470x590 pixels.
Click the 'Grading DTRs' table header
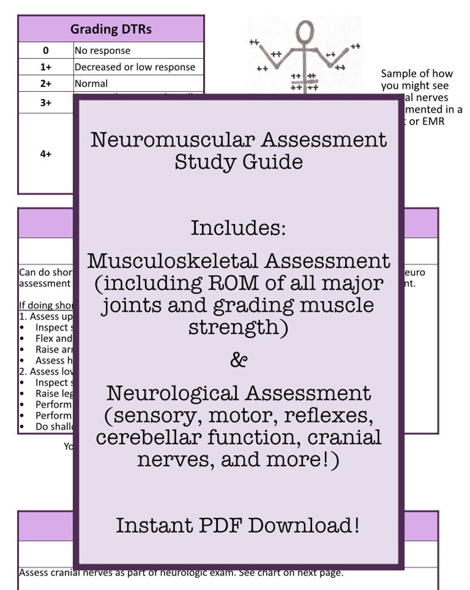(x=111, y=28)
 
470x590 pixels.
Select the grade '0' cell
(x=46, y=50)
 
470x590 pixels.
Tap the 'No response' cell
(x=102, y=50)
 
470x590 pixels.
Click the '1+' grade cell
(x=46, y=67)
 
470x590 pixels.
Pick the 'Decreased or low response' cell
(x=134, y=67)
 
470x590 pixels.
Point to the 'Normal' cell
(x=91, y=83)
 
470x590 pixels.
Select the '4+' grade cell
(x=46, y=153)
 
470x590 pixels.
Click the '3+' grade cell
(x=46, y=102)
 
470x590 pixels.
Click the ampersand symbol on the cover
(x=238, y=359)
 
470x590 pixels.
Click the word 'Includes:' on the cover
(x=238, y=227)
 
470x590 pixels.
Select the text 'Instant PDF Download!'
(x=237, y=525)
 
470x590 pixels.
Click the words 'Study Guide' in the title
(x=238, y=162)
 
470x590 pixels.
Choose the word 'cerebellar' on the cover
(x=150, y=437)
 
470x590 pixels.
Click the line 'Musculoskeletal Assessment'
(x=238, y=260)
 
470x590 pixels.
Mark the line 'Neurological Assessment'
(x=238, y=393)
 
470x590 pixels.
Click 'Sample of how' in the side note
(x=416, y=73)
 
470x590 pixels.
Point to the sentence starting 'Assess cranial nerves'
(x=181, y=572)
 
